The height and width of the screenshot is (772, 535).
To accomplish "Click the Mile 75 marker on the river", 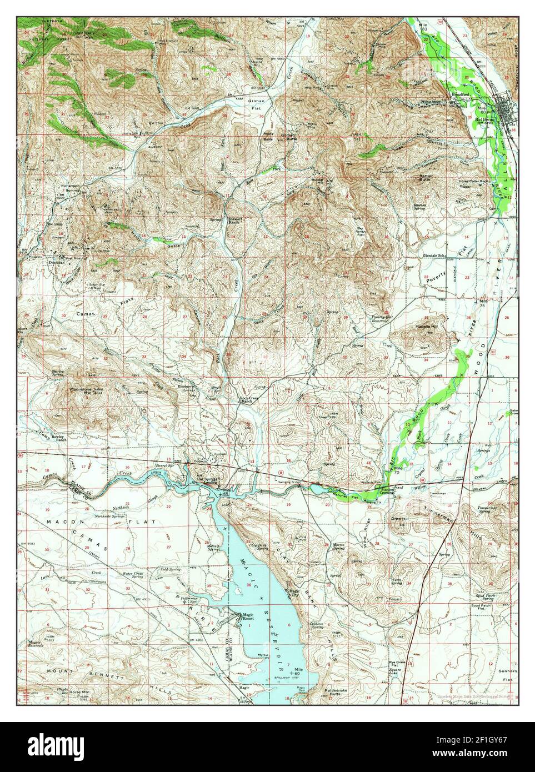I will click(482, 303).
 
